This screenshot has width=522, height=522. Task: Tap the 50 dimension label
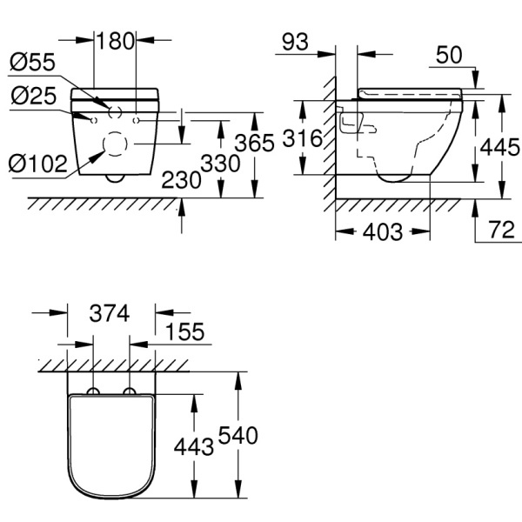(450, 55)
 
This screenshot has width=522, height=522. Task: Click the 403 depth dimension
(382, 232)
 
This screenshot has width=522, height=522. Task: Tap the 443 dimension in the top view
(194, 446)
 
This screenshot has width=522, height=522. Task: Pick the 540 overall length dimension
(238, 435)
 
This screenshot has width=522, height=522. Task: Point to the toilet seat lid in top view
(111, 448)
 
